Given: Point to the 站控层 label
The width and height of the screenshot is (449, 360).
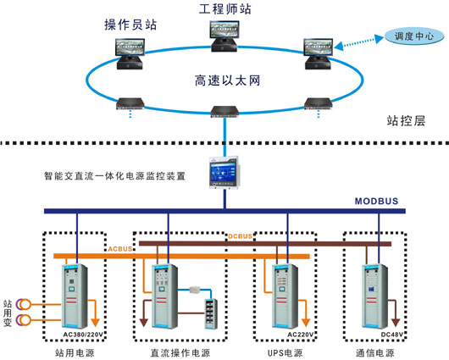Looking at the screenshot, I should click(406, 120).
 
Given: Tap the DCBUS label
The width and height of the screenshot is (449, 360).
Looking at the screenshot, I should click(241, 236).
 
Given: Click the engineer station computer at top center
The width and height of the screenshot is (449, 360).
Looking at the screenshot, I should click(224, 33).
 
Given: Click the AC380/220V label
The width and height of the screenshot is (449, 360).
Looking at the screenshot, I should click(80, 334).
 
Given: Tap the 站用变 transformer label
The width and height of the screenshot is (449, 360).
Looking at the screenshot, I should click(8, 310).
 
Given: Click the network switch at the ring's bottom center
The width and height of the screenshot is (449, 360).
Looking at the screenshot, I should click(224, 110).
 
